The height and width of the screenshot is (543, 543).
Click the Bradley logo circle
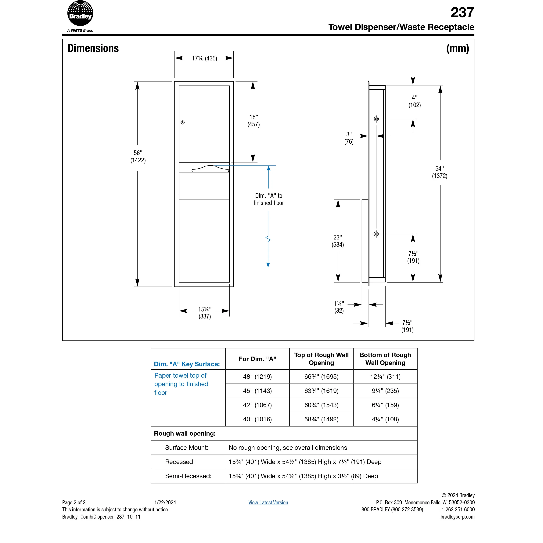80,13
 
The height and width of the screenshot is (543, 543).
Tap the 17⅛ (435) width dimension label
204,59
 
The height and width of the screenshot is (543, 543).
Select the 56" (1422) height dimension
138,156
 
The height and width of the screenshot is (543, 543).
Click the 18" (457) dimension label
254,120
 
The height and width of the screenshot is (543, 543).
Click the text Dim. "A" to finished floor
268,199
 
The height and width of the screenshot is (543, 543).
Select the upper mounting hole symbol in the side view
376,119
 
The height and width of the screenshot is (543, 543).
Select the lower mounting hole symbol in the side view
376,234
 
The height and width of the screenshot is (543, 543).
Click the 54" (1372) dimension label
440,172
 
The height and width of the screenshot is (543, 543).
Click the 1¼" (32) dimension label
339,307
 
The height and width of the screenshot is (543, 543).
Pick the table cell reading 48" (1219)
257,377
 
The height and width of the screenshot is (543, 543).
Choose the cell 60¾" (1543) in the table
321,405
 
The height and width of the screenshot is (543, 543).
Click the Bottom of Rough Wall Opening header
385,359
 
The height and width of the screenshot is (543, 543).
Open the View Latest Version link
268,502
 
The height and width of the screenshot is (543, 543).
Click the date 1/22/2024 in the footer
165,502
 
